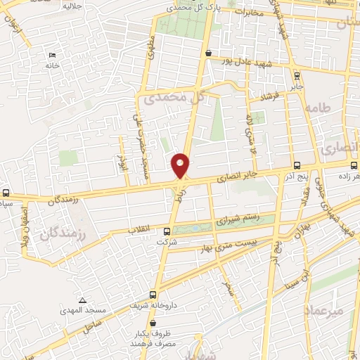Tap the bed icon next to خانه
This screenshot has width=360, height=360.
(x=52, y=56)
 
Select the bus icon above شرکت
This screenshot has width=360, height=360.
(x=167, y=231)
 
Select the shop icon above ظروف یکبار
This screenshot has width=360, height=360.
(x=153, y=323)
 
